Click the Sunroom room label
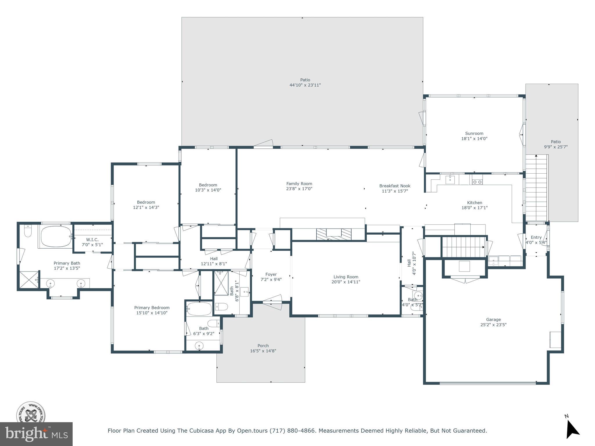click(x=474, y=134)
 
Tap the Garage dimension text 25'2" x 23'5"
click(x=493, y=325)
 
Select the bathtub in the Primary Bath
click(x=56, y=236)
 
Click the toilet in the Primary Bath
click(x=28, y=231)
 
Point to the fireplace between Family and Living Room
click(x=334, y=234)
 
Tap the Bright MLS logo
click(x=36, y=434)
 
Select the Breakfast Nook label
click(x=395, y=186)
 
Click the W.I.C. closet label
click(x=92, y=240)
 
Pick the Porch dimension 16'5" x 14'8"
click(x=263, y=351)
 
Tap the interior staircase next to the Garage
click(x=464, y=247)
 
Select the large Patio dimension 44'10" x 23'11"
click(x=305, y=85)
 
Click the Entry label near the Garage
click(x=536, y=237)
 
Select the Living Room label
click(x=346, y=277)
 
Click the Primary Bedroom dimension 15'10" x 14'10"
click(x=152, y=313)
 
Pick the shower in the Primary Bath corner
click(x=29, y=280)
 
